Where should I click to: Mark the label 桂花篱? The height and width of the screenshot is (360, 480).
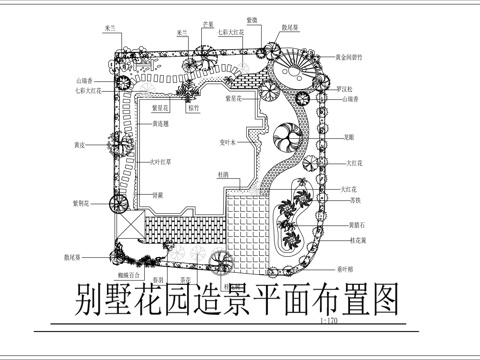(x=356, y=240)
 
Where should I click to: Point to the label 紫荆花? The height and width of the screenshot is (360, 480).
(x=82, y=202)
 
